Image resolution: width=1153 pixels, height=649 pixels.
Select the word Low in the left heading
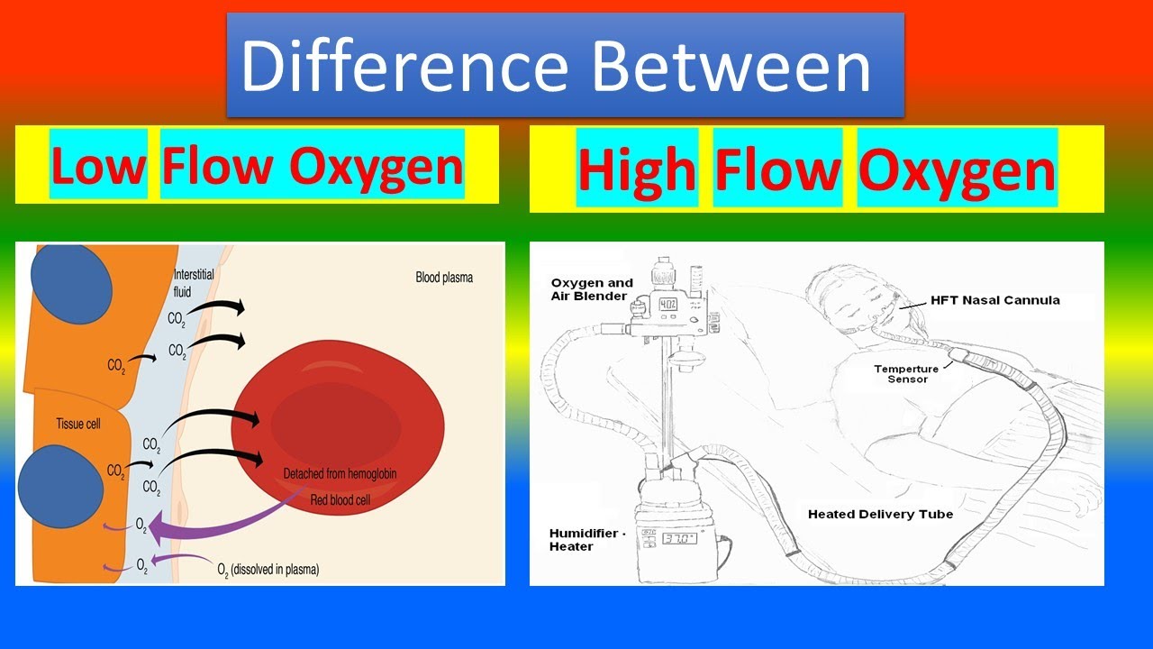tap(98, 165)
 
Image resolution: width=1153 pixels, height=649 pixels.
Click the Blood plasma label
tap(443, 278)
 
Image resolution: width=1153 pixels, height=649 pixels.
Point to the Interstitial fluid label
tap(192, 283)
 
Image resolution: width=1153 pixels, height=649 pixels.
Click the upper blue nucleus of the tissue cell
tap(71, 282)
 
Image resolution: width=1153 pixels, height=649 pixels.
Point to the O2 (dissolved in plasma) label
tap(268, 570)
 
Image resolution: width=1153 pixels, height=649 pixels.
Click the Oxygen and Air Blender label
tap(592, 289)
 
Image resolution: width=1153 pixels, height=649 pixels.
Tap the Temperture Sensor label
tap(906, 374)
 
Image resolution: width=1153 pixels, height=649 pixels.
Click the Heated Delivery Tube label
tap(880, 514)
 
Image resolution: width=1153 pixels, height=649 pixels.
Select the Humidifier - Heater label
tap(584, 539)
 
